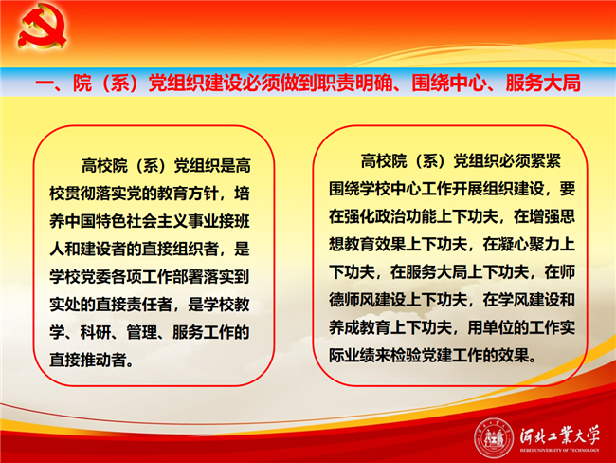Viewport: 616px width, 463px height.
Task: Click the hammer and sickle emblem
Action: [x=42, y=27]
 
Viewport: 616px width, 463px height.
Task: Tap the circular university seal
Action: [x=494, y=438]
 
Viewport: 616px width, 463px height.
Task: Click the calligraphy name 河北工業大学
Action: [x=559, y=435]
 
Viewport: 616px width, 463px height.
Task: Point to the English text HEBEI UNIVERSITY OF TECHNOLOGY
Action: [x=559, y=450]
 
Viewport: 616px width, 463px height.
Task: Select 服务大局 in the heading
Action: [x=543, y=83]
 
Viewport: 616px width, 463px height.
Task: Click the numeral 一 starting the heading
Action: [x=45, y=83]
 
